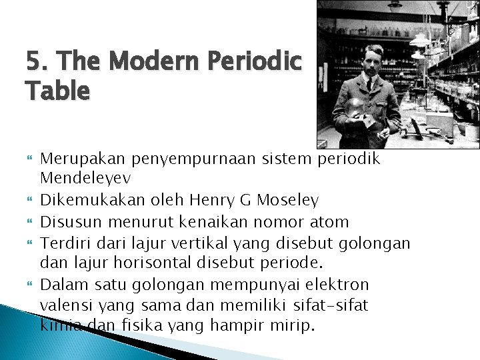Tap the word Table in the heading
point(57,91)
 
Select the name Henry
point(211,200)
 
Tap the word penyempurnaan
point(186,159)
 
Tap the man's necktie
point(369,85)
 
